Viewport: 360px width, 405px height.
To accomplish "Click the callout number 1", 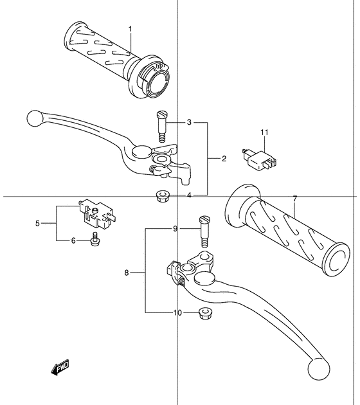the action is pyautogui.click(x=130, y=29).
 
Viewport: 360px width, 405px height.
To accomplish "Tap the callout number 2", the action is pyautogui.click(x=224, y=158).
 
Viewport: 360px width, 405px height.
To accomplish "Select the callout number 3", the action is pyautogui.click(x=189, y=122).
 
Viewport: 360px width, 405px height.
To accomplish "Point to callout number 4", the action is pyautogui.click(x=189, y=195).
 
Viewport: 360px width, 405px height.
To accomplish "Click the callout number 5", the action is pyautogui.click(x=37, y=223).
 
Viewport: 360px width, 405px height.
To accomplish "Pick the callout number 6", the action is pyautogui.click(x=73, y=240).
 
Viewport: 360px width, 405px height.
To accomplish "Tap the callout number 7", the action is pyautogui.click(x=295, y=199).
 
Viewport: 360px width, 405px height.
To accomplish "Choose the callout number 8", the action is pyautogui.click(x=126, y=273).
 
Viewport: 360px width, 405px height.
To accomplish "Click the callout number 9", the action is pyautogui.click(x=175, y=229).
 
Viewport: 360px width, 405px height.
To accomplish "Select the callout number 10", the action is pyautogui.click(x=177, y=313).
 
